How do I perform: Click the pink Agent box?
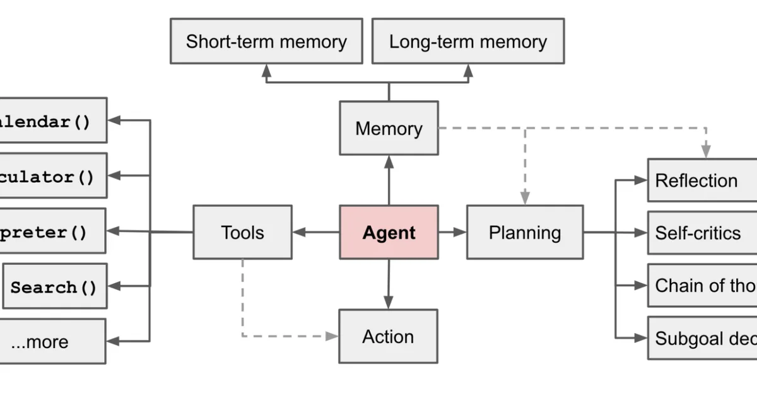click(389, 232)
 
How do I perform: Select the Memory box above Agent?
click(389, 128)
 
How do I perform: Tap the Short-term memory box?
click(266, 42)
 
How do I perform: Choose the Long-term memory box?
click(467, 42)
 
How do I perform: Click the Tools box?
click(242, 232)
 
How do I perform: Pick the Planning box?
click(525, 232)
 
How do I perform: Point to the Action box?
click(388, 336)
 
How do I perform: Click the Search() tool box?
click(54, 287)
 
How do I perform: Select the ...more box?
click(52, 341)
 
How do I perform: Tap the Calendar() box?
click(53, 120)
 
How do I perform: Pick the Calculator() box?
click(53, 176)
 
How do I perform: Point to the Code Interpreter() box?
click(52, 231)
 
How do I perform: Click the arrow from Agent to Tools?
click(315, 232)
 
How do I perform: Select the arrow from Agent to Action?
click(389, 284)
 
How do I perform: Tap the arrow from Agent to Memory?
click(389, 180)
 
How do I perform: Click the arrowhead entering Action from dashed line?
click(332, 336)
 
